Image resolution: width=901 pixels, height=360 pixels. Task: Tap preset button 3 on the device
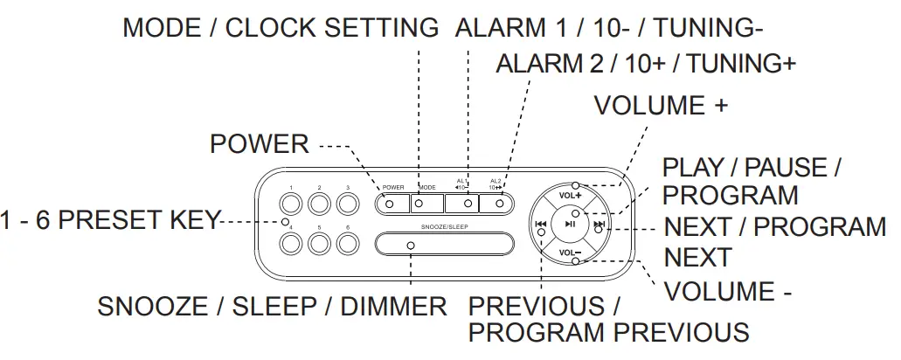[349, 204]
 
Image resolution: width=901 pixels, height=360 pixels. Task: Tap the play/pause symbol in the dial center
[570, 225]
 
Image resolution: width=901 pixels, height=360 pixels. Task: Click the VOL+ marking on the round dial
[570, 196]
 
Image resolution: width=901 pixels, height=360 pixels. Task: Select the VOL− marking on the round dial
[570, 253]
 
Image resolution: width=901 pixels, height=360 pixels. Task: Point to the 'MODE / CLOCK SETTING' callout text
[281, 28]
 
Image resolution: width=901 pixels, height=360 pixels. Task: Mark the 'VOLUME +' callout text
[661, 106]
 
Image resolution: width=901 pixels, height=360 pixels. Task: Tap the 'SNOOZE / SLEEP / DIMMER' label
[272, 307]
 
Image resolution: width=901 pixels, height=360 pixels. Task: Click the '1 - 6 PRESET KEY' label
[109, 221]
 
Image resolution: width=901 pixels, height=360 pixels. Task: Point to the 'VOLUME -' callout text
[728, 291]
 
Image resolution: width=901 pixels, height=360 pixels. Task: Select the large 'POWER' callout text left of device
[260, 144]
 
